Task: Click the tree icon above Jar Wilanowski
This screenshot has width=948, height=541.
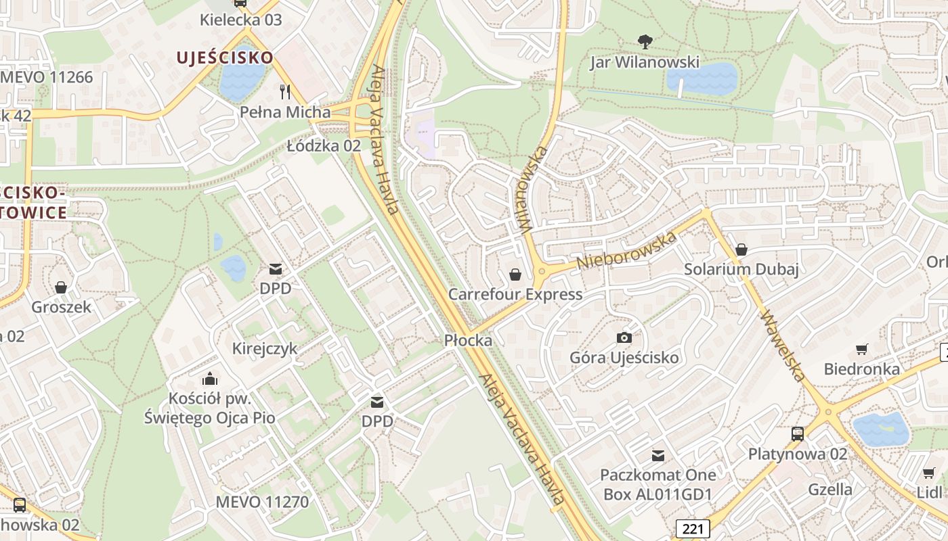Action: [645, 42]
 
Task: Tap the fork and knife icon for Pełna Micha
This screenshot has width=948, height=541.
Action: [285, 91]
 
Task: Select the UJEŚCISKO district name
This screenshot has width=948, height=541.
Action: [225, 57]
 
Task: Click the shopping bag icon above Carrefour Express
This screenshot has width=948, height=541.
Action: [515, 274]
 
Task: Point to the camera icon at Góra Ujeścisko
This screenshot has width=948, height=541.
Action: [624, 337]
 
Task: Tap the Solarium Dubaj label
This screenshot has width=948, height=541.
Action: [741, 269]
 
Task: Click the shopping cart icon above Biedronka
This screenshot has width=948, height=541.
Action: [861, 349]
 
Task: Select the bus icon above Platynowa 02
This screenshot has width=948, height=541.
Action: [797, 433]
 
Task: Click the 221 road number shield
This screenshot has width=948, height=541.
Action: [693, 528]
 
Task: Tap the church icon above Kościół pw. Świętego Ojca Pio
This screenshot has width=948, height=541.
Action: [210, 379]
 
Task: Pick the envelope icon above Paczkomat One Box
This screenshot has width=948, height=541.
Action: [658, 455]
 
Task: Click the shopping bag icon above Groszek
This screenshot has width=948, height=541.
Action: [61, 287]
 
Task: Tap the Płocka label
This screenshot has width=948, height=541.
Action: [468, 340]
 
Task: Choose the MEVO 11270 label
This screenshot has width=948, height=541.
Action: [262, 502]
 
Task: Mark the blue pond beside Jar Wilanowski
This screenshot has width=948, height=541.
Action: [702, 79]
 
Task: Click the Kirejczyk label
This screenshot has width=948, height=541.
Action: [265, 349]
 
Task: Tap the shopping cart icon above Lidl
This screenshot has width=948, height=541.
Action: [928, 473]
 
